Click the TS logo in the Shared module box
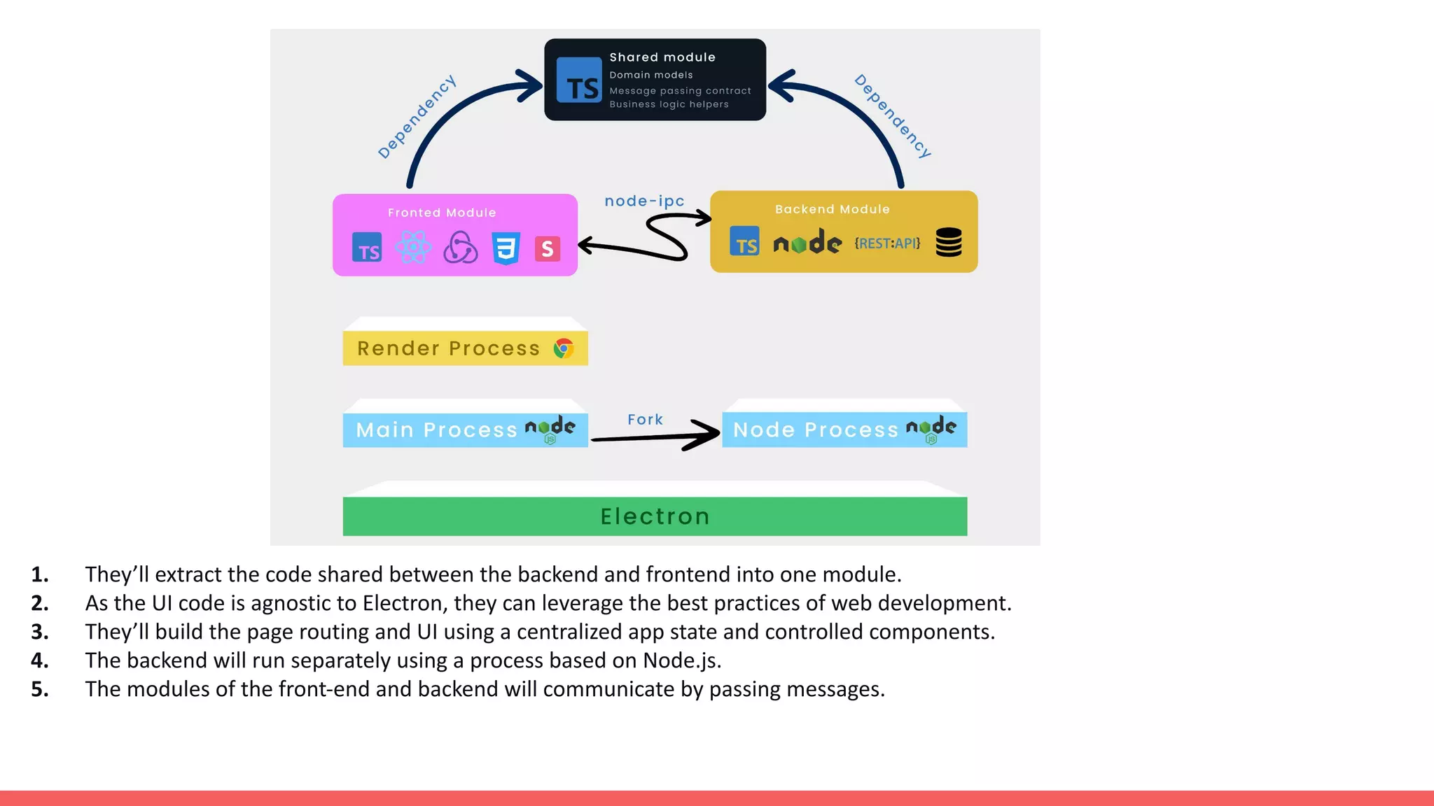579,80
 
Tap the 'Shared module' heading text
662,57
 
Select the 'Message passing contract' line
680,91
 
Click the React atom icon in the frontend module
413,248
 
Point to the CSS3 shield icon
506,248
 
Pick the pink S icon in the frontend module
547,248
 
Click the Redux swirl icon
460,248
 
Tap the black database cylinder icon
949,242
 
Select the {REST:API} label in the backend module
886,243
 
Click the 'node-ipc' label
644,201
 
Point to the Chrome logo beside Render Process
564,348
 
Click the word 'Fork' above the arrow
645,420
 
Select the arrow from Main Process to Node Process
655,437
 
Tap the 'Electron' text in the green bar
655,516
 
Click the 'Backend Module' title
832,209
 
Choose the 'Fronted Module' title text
442,213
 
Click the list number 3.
40,632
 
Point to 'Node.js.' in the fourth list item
682,660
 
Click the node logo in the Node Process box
931,428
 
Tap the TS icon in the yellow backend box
744,241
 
